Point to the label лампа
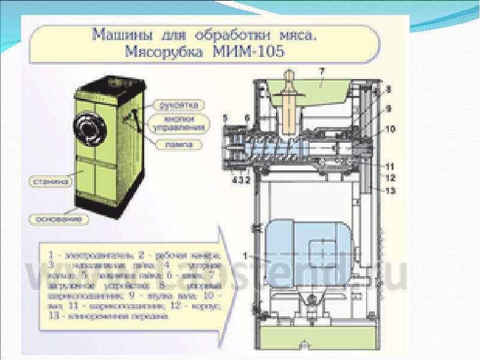pyautogui.click(x=178, y=144)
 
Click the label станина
pyautogui.click(x=50, y=179)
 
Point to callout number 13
pyautogui.click(x=388, y=191)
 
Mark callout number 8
pyautogui.click(x=388, y=89)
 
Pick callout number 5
pyautogui.click(x=225, y=116)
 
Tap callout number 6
pyautogui.click(x=247, y=116)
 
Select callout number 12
pyautogui.click(x=388, y=178)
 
